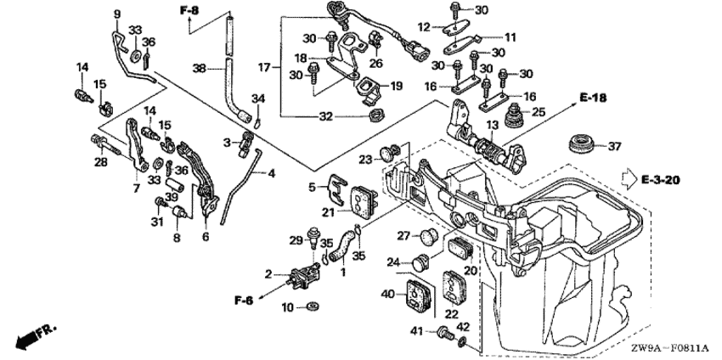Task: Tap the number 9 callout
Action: point(117,14)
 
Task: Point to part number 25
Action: point(539,112)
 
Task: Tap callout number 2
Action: point(268,274)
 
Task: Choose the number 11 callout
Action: point(510,37)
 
